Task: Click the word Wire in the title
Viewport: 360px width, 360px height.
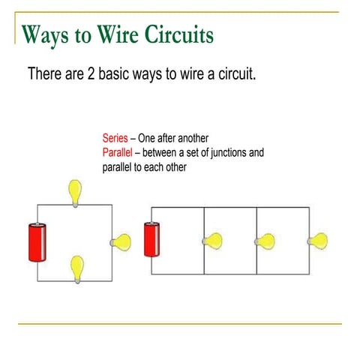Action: (x=118, y=34)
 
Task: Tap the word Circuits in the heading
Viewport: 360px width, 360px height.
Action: (x=179, y=34)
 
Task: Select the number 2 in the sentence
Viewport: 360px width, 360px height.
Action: (x=91, y=73)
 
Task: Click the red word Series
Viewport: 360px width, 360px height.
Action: (x=115, y=138)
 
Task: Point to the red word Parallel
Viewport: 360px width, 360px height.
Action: (x=117, y=152)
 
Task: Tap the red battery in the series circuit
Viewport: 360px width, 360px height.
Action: (x=37, y=242)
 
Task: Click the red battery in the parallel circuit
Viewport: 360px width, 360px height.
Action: (x=151, y=239)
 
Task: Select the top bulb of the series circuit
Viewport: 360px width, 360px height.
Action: (x=75, y=193)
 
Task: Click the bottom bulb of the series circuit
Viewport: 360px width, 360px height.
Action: (x=77, y=269)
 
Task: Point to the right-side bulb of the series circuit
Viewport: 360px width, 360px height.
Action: (x=121, y=242)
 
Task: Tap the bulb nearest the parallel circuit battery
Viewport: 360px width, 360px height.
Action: (x=212, y=241)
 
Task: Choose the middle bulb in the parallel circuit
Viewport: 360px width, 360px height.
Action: (x=265, y=241)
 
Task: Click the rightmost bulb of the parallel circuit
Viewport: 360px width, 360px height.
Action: (x=317, y=241)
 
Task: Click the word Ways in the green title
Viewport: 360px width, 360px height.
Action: (x=45, y=36)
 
